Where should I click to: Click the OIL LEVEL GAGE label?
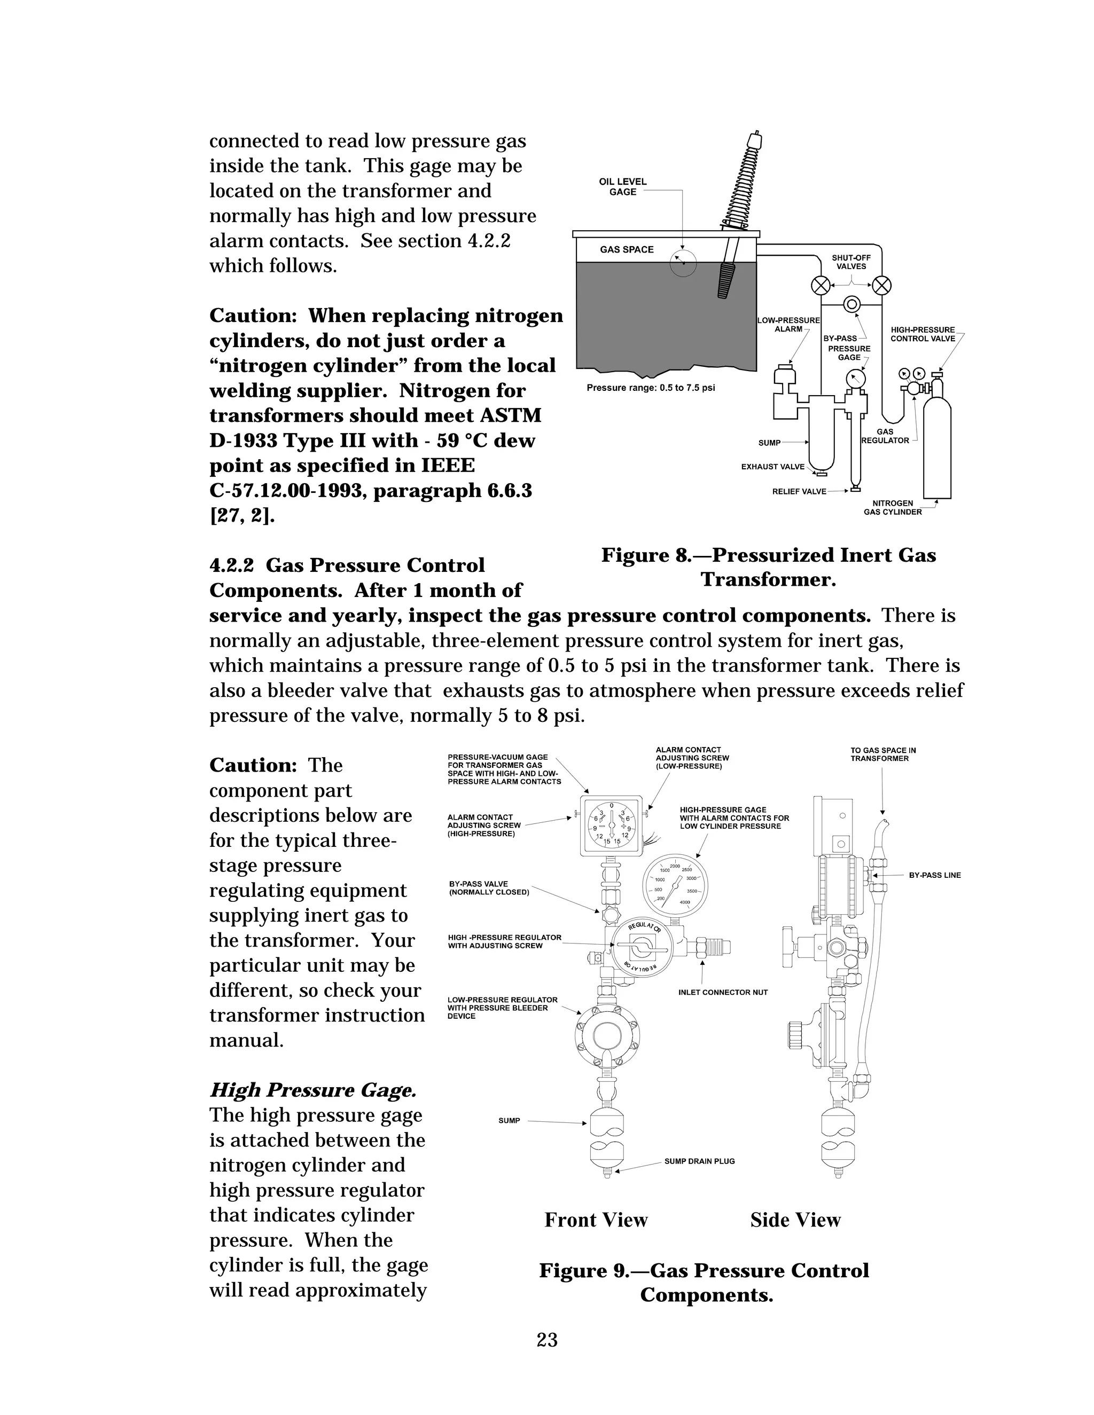tap(622, 186)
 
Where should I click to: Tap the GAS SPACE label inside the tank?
tap(626, 249)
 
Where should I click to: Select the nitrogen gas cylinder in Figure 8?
tap(936, 441)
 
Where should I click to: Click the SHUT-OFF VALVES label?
tap(851, 262)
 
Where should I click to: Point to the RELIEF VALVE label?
tap(799, 491)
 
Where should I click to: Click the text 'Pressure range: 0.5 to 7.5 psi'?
tap(650, 388)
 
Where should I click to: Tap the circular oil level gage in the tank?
tap(683, 263)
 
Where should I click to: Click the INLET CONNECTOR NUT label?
tap(723, 992)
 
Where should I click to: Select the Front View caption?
tap(596, 1220)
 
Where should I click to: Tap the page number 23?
tap(547, 1339)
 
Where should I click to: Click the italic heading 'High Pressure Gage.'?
tap(313, 1090)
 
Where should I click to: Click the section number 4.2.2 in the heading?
tap(231, 565)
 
